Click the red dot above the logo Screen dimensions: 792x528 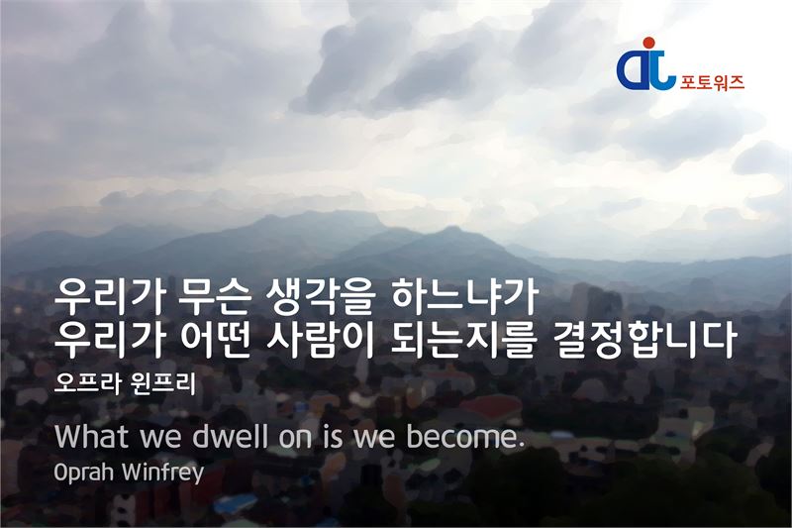pos(648,43)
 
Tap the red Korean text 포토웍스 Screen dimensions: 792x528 pos(712,82)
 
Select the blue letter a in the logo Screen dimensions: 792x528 pos(633,70)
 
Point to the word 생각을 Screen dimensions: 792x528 pos(321,298)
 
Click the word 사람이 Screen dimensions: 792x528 pos(320,340)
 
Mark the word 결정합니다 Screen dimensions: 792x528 pos(641,340)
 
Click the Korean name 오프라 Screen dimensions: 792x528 pos(87,384)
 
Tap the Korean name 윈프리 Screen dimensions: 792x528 pos(162,384)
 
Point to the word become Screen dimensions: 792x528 pos(462,437)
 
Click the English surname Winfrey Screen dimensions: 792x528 pos(162,473)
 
